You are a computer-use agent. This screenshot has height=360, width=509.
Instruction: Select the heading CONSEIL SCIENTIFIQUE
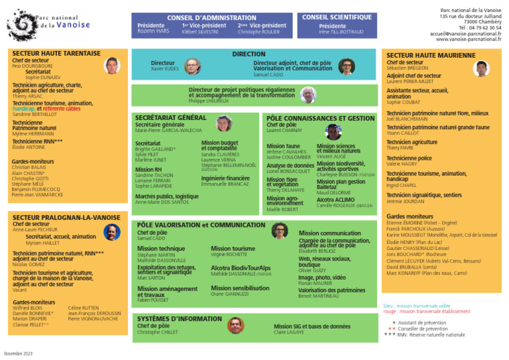click(337, 17)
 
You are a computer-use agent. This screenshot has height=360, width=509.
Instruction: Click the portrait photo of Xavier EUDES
click(192, 66)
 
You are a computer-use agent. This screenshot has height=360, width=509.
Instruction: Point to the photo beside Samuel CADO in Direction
click(346, 66)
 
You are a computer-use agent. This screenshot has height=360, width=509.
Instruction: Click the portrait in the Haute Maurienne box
click(481, 68)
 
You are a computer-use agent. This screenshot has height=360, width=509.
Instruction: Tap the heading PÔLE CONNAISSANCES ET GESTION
click(321, 118)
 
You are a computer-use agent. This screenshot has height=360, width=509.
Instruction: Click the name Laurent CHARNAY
click(284, 131)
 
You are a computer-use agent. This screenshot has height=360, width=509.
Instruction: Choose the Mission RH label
click(149, 169)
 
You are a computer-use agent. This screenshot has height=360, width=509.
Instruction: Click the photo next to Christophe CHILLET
click(235, 325)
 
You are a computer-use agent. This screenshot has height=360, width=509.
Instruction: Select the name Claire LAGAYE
click(288, 332)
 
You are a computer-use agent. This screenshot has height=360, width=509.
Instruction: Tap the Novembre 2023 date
click(18, 353)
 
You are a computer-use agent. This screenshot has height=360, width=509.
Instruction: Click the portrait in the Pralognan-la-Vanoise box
click(112, 231)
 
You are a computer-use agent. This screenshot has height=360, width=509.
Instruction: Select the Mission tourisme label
click(233, 248)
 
